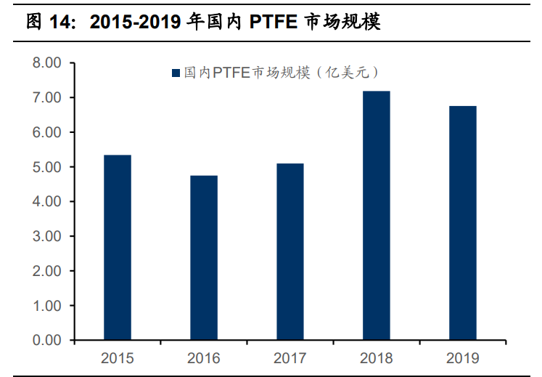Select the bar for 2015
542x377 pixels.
pos(118,248)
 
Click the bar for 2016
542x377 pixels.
pos(204,258)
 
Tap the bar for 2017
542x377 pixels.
pos(290,252)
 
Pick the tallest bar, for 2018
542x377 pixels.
pos(376,216)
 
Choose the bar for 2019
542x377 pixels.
pos(462,223)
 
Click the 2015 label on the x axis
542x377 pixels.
pos(118,358)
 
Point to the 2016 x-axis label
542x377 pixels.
pos(204,358)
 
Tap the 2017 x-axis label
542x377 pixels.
pos(290,358)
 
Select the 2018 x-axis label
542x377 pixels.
pos(376,358)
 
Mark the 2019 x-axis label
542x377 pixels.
pos(462,358)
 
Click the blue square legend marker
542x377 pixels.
pos(176,73)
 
